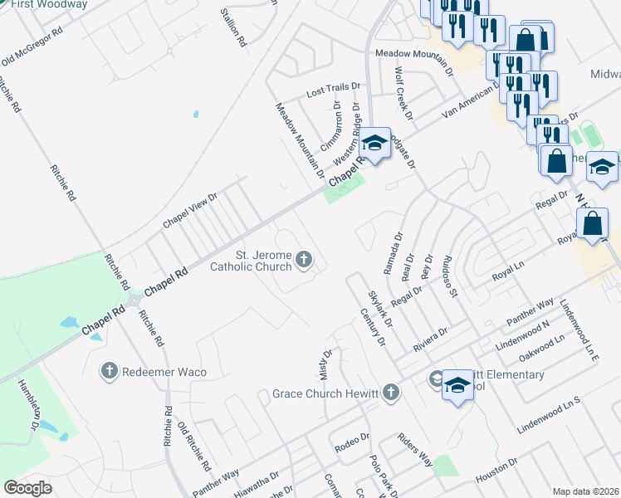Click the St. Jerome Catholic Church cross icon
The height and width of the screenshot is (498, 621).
[x=304, y=261]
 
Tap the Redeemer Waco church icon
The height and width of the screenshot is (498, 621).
[x=110, y=371]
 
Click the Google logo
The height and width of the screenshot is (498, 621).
[x=28, y=488]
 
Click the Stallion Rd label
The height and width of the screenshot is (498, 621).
[x=234, y=27]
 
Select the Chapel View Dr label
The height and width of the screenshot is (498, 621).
[x=189, y=210]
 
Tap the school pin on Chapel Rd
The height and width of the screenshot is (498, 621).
[x=374, y=144]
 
